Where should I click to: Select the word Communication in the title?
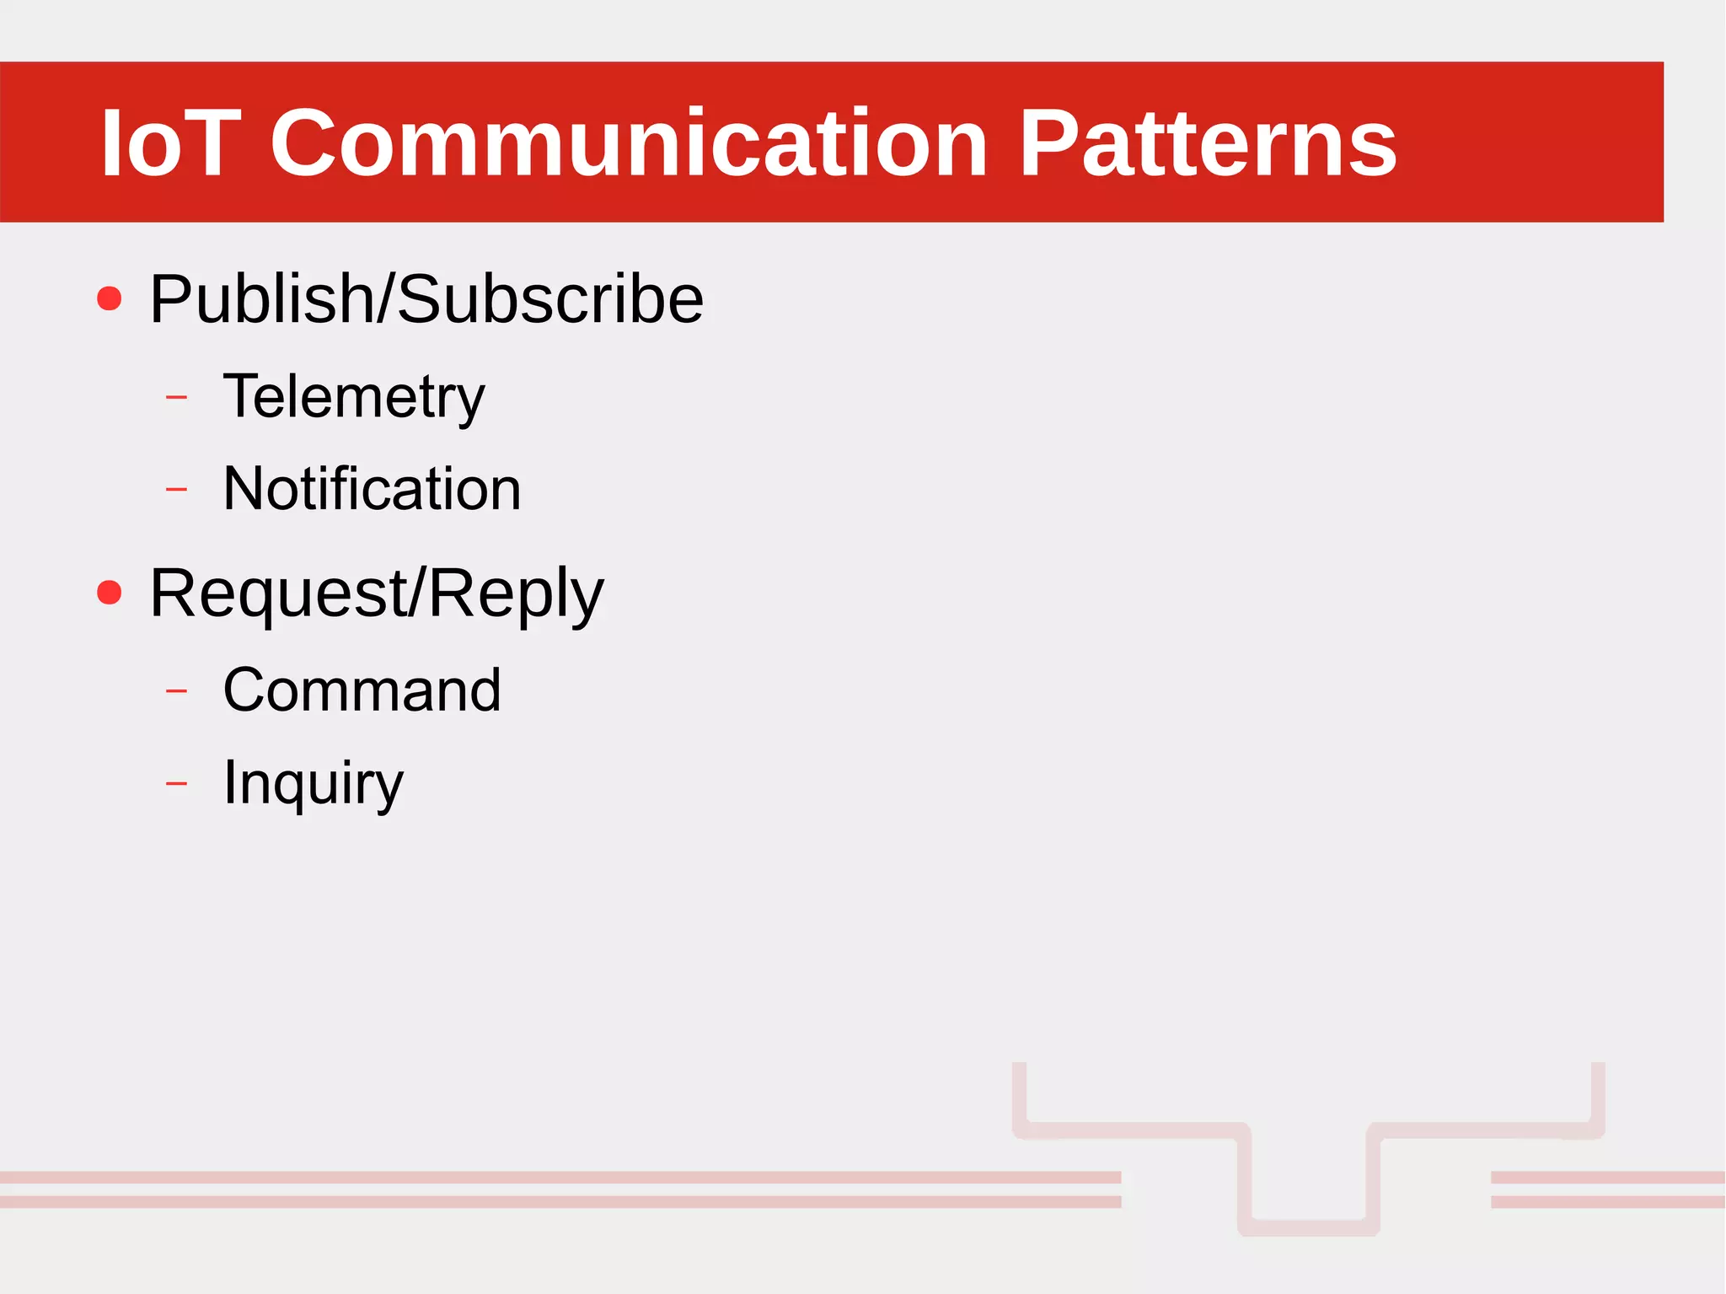coord(628,143)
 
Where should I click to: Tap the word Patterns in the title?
coord(1208,143)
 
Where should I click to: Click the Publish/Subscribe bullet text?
coord(426,299)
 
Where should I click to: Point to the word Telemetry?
coord(354,397)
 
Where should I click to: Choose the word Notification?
coord(372,489)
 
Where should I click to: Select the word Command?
coord(362,690)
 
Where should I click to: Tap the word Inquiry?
coord(313,783)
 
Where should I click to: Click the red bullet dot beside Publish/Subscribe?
coord(110,298)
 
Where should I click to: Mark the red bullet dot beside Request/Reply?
coord(110,592)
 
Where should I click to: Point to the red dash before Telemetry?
coord(177,396)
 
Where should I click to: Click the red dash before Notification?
coord(177,489)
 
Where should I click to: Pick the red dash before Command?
coord(177,691)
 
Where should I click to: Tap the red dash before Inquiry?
coord(177,784)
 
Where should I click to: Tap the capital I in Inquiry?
coord(228,781)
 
